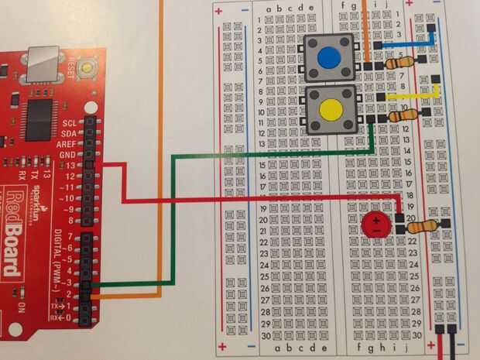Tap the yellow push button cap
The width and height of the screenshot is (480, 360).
(x=330, y=110)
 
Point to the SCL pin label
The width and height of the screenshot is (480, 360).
(x=69, y=123)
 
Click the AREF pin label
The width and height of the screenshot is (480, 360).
(x=67, y=145)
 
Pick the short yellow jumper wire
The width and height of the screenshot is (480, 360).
(x=414, y=97)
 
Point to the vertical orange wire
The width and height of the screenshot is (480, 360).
(x=161, y=155)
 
